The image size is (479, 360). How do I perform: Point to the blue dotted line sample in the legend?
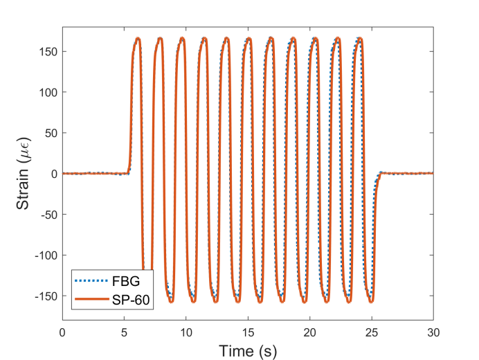[x=90, y=282]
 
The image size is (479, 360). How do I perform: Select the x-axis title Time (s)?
[x=248, y=351]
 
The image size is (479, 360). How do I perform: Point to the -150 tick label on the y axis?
[x=45, y=296]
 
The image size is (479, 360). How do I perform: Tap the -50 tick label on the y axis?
[x=47, y=214]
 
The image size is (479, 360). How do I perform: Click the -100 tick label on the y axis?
[x=45, y=255]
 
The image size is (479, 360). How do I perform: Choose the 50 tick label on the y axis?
[x=50, y=133]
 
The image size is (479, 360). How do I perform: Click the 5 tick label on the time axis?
[x=125, y=332]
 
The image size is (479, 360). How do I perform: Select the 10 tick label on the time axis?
[x=186, y=332]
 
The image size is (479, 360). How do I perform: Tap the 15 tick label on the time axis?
[x=248, y=332]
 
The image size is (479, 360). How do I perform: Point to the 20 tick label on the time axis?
[x=309, y=332]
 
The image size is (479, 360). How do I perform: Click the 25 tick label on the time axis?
[x=372, y=332]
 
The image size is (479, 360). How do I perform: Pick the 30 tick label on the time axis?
[x=433, y=332]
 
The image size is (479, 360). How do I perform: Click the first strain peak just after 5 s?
[x=138, y=38]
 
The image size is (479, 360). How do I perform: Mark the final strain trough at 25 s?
[x=371, y=302]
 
